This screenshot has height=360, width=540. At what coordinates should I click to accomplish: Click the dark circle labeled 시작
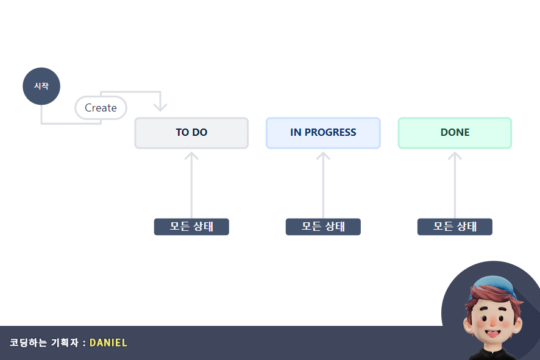[41, 86]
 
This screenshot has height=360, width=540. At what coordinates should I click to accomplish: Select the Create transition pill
[101, 108]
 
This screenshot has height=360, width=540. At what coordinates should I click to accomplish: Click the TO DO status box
[191, 133]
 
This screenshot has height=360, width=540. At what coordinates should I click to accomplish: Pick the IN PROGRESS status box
[323, 133]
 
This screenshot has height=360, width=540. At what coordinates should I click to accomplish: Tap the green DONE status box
[455, 133]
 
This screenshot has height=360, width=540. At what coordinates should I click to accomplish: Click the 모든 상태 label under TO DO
[191, 227]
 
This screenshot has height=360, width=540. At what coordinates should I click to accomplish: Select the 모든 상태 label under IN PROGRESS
[323, 227]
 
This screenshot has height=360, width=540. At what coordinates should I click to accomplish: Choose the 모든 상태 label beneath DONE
[455, 227]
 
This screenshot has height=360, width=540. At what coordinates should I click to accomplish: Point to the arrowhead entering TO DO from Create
[160, 107]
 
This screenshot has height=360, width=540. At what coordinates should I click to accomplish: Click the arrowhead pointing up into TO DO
[191, 156]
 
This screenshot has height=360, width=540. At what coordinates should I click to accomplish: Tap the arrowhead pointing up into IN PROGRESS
[323, 156]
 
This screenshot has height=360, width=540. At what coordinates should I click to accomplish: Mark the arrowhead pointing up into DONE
[455, 156]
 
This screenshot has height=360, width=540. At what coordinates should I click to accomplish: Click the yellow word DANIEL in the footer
[108, 342]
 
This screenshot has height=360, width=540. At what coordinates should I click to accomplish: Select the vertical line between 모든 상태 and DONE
[455, 189]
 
